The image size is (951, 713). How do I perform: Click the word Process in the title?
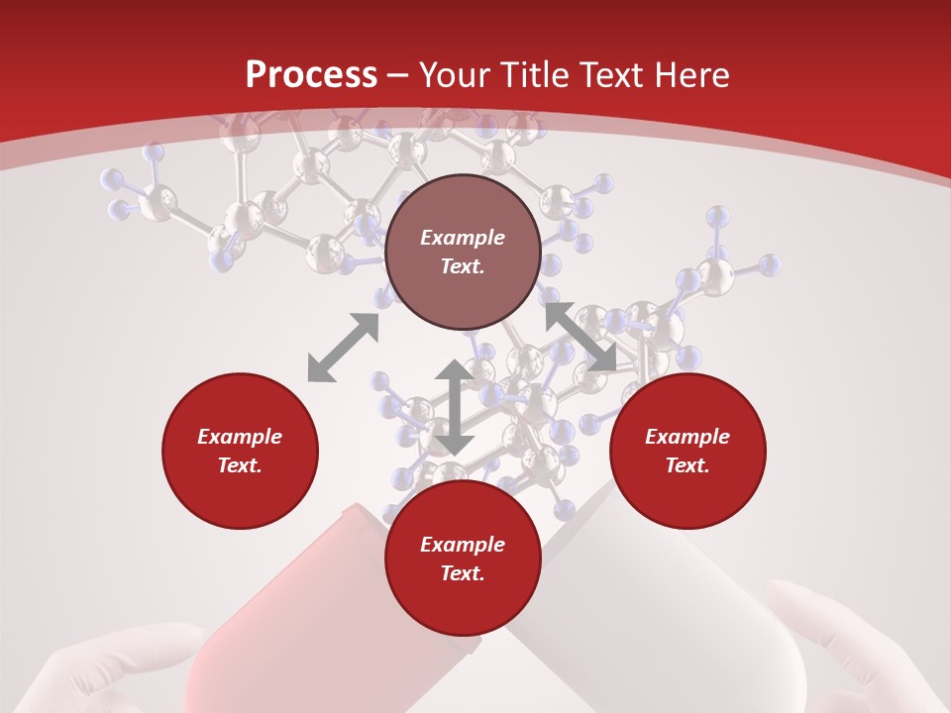point(311,75)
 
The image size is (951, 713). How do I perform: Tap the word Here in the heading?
point(689,75)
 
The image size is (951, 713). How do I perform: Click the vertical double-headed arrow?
point(454,407)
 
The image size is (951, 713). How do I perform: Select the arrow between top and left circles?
point(343,348)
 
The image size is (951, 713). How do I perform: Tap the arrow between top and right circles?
point(580,338)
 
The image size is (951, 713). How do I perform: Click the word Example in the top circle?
point(463,238)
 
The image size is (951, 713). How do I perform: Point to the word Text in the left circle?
point(240,465)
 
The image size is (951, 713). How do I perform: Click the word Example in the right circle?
point(687,437)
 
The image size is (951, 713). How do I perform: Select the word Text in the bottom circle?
point(463,573)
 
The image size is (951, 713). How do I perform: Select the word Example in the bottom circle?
point(463,545)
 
